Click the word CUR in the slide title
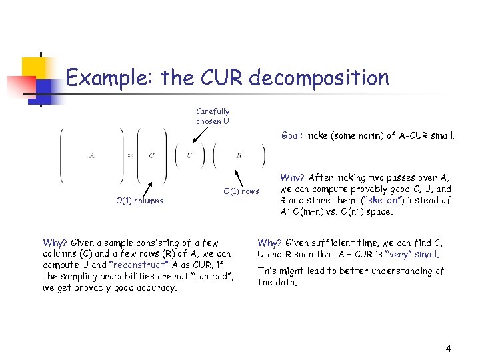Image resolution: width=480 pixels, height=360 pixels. pyautogui.click(x=221, y=78)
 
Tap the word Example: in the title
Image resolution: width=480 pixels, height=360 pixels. pyautogui.click(x=110, y=78)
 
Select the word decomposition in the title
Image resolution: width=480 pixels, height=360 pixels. pyautogui.click(x=318, y=79)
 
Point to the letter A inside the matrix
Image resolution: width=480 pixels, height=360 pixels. pyautogui.click(x=91, y=155)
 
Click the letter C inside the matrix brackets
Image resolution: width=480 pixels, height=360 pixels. pyautogui.click(x=151, y=155)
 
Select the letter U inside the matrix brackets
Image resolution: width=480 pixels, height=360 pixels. pyautogui.click(x=189, y=155)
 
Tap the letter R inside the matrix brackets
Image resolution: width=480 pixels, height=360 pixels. pyautogui.click(x=239, y=155)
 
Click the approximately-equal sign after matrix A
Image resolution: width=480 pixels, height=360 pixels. pyautogui.click(x=130, y=155)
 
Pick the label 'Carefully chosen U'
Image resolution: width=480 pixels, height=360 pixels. pyautogui.click(x=213, y=116)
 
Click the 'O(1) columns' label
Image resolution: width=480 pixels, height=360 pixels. pyautogui.click(x=139, y=200)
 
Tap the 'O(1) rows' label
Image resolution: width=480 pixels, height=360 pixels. pyautogui.click(x=241, y=191)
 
